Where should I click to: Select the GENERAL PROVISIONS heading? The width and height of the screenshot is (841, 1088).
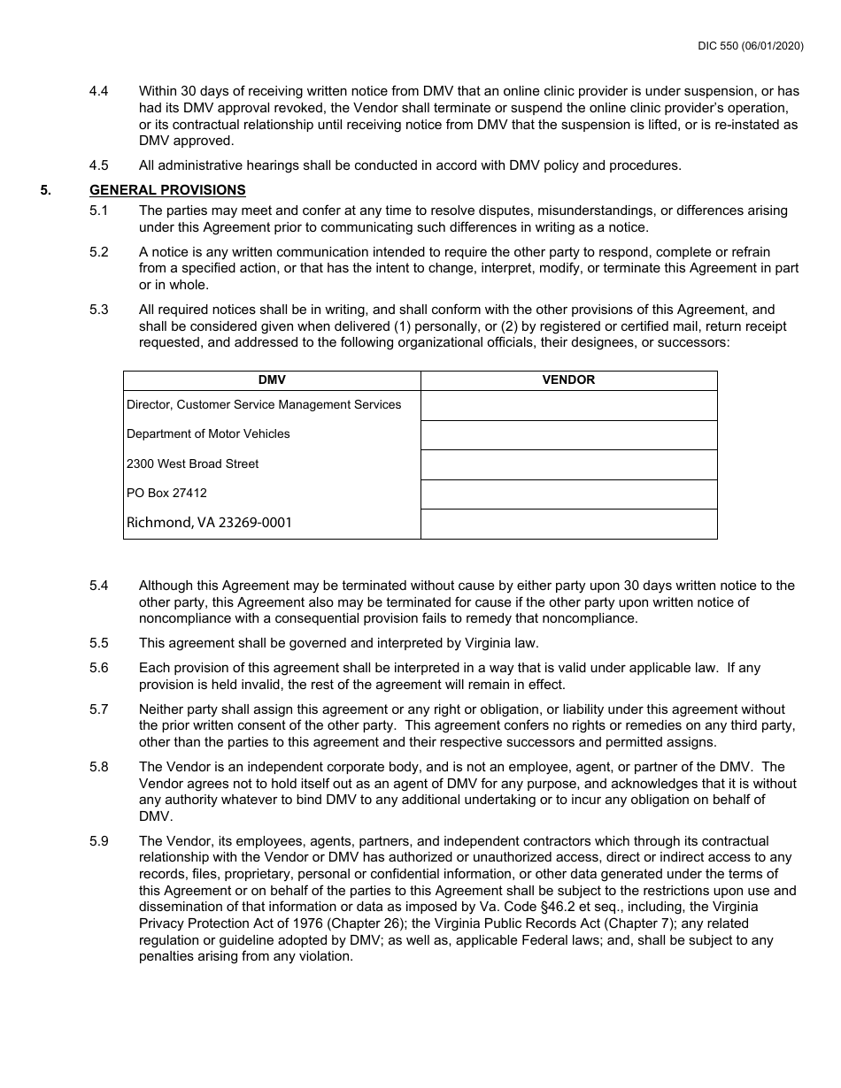167,190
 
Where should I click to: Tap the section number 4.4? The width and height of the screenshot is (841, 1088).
99,91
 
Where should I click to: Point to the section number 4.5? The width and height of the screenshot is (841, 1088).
99,165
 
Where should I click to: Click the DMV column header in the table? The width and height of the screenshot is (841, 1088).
272,380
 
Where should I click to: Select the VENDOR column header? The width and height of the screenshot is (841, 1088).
568,380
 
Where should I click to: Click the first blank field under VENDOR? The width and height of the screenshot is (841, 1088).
568,406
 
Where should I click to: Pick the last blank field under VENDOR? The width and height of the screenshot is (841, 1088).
568,524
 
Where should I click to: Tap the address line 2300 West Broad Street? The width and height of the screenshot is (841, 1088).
193,464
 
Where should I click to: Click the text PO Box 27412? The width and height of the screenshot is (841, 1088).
166,494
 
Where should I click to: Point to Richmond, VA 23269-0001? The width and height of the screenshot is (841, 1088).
209,523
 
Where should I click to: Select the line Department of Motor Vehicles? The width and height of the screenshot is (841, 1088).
208,434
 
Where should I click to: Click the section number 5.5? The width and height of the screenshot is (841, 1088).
99,643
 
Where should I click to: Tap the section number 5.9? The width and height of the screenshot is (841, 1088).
99,841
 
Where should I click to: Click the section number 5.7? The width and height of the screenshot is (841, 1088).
99,709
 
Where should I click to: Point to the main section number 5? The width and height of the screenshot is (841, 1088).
45,190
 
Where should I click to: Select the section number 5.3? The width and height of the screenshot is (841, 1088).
99,310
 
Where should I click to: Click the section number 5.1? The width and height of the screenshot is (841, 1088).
99,211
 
